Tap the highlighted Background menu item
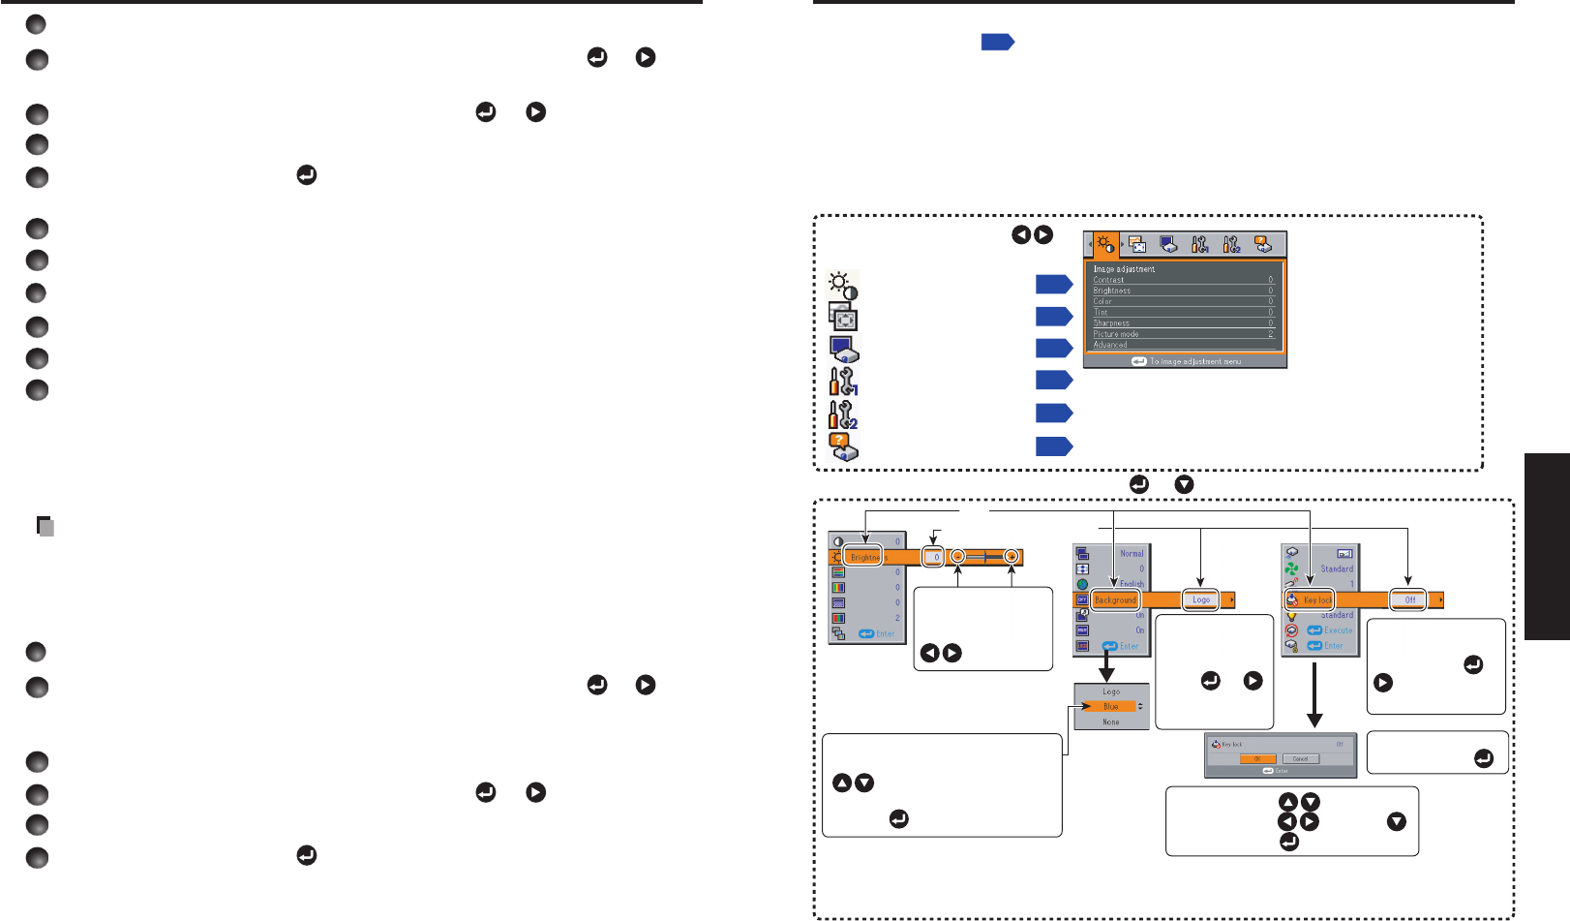[1115, 600]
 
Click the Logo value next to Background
[1201, 600]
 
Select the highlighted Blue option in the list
[1111, 707]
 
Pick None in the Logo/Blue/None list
[1111, 722]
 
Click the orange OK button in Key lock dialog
[1258, 758]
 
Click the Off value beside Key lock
[1409, 600]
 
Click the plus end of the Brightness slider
[1011, 557]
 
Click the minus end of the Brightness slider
[957, 557]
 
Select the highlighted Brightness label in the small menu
[863, 557]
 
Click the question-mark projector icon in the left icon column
[843, 446]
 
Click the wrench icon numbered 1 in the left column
[843, 382]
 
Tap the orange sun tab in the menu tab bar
[1105, 245]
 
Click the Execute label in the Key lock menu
[1338, 630]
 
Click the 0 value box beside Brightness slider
[934, 557]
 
